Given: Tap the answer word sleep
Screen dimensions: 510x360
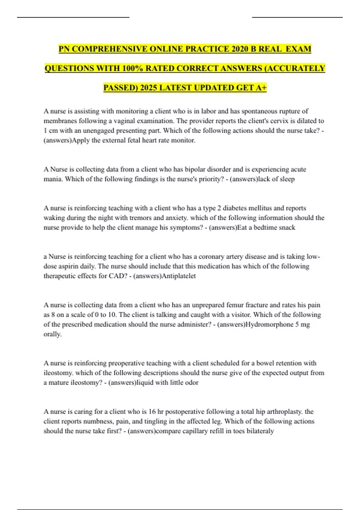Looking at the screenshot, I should (287, 179).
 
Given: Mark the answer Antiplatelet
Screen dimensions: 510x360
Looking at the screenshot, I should (178, 276).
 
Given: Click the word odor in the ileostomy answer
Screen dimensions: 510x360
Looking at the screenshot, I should (192, 382).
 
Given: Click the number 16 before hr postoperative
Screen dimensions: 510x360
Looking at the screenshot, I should (152, 412).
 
